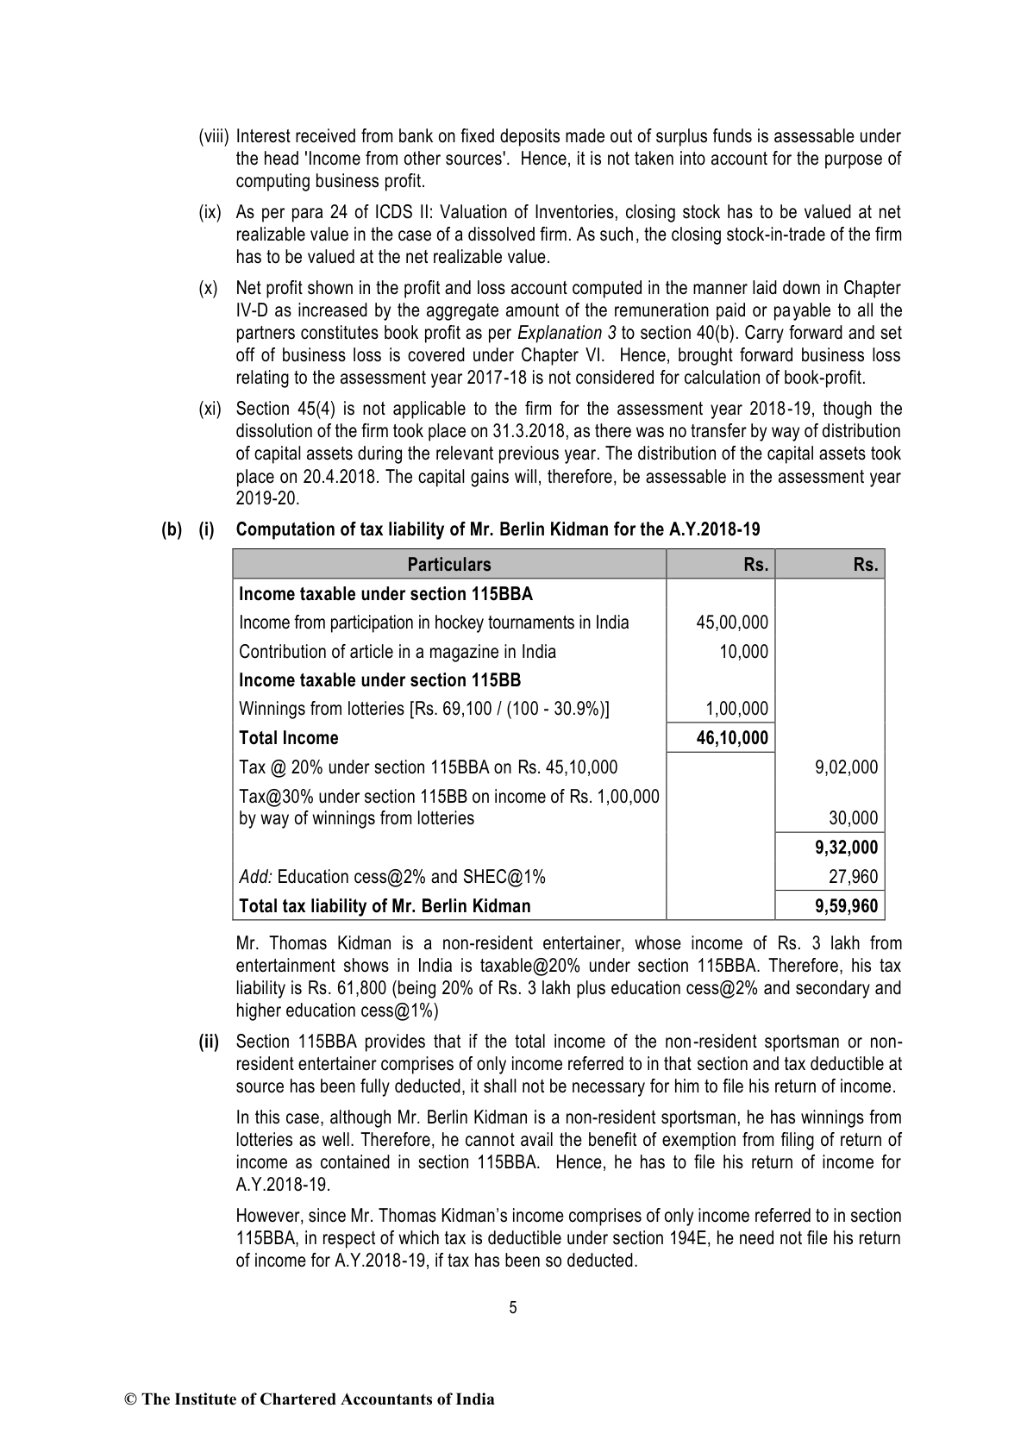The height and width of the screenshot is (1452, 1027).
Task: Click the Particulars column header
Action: [x=449, y=565]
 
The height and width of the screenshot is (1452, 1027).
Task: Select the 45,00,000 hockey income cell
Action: [x=732, y=623]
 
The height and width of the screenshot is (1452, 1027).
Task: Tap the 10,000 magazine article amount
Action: [x=743, y=652]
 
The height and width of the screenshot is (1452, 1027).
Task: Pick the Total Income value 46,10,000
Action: [x=732, y=738]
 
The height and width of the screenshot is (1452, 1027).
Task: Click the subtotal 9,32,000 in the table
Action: [x=845, y=848]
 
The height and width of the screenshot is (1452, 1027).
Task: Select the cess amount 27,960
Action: [x=853, y=877]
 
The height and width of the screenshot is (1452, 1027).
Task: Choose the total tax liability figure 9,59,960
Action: [x=845, y=906]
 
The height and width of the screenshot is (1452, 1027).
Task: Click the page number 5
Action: [x=513, y=1308]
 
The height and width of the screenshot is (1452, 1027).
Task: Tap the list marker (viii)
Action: [x=214, y=136]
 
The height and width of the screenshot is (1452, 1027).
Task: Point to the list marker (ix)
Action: [x=210, y=212]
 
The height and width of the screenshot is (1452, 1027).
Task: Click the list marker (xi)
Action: [x=210, y=409]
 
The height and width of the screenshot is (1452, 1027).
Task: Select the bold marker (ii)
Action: [x=210, y=1042]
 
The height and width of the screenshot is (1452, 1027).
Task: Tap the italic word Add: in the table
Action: [x=255, y=877]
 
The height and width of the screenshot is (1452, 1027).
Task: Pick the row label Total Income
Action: [x=289, y=738]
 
